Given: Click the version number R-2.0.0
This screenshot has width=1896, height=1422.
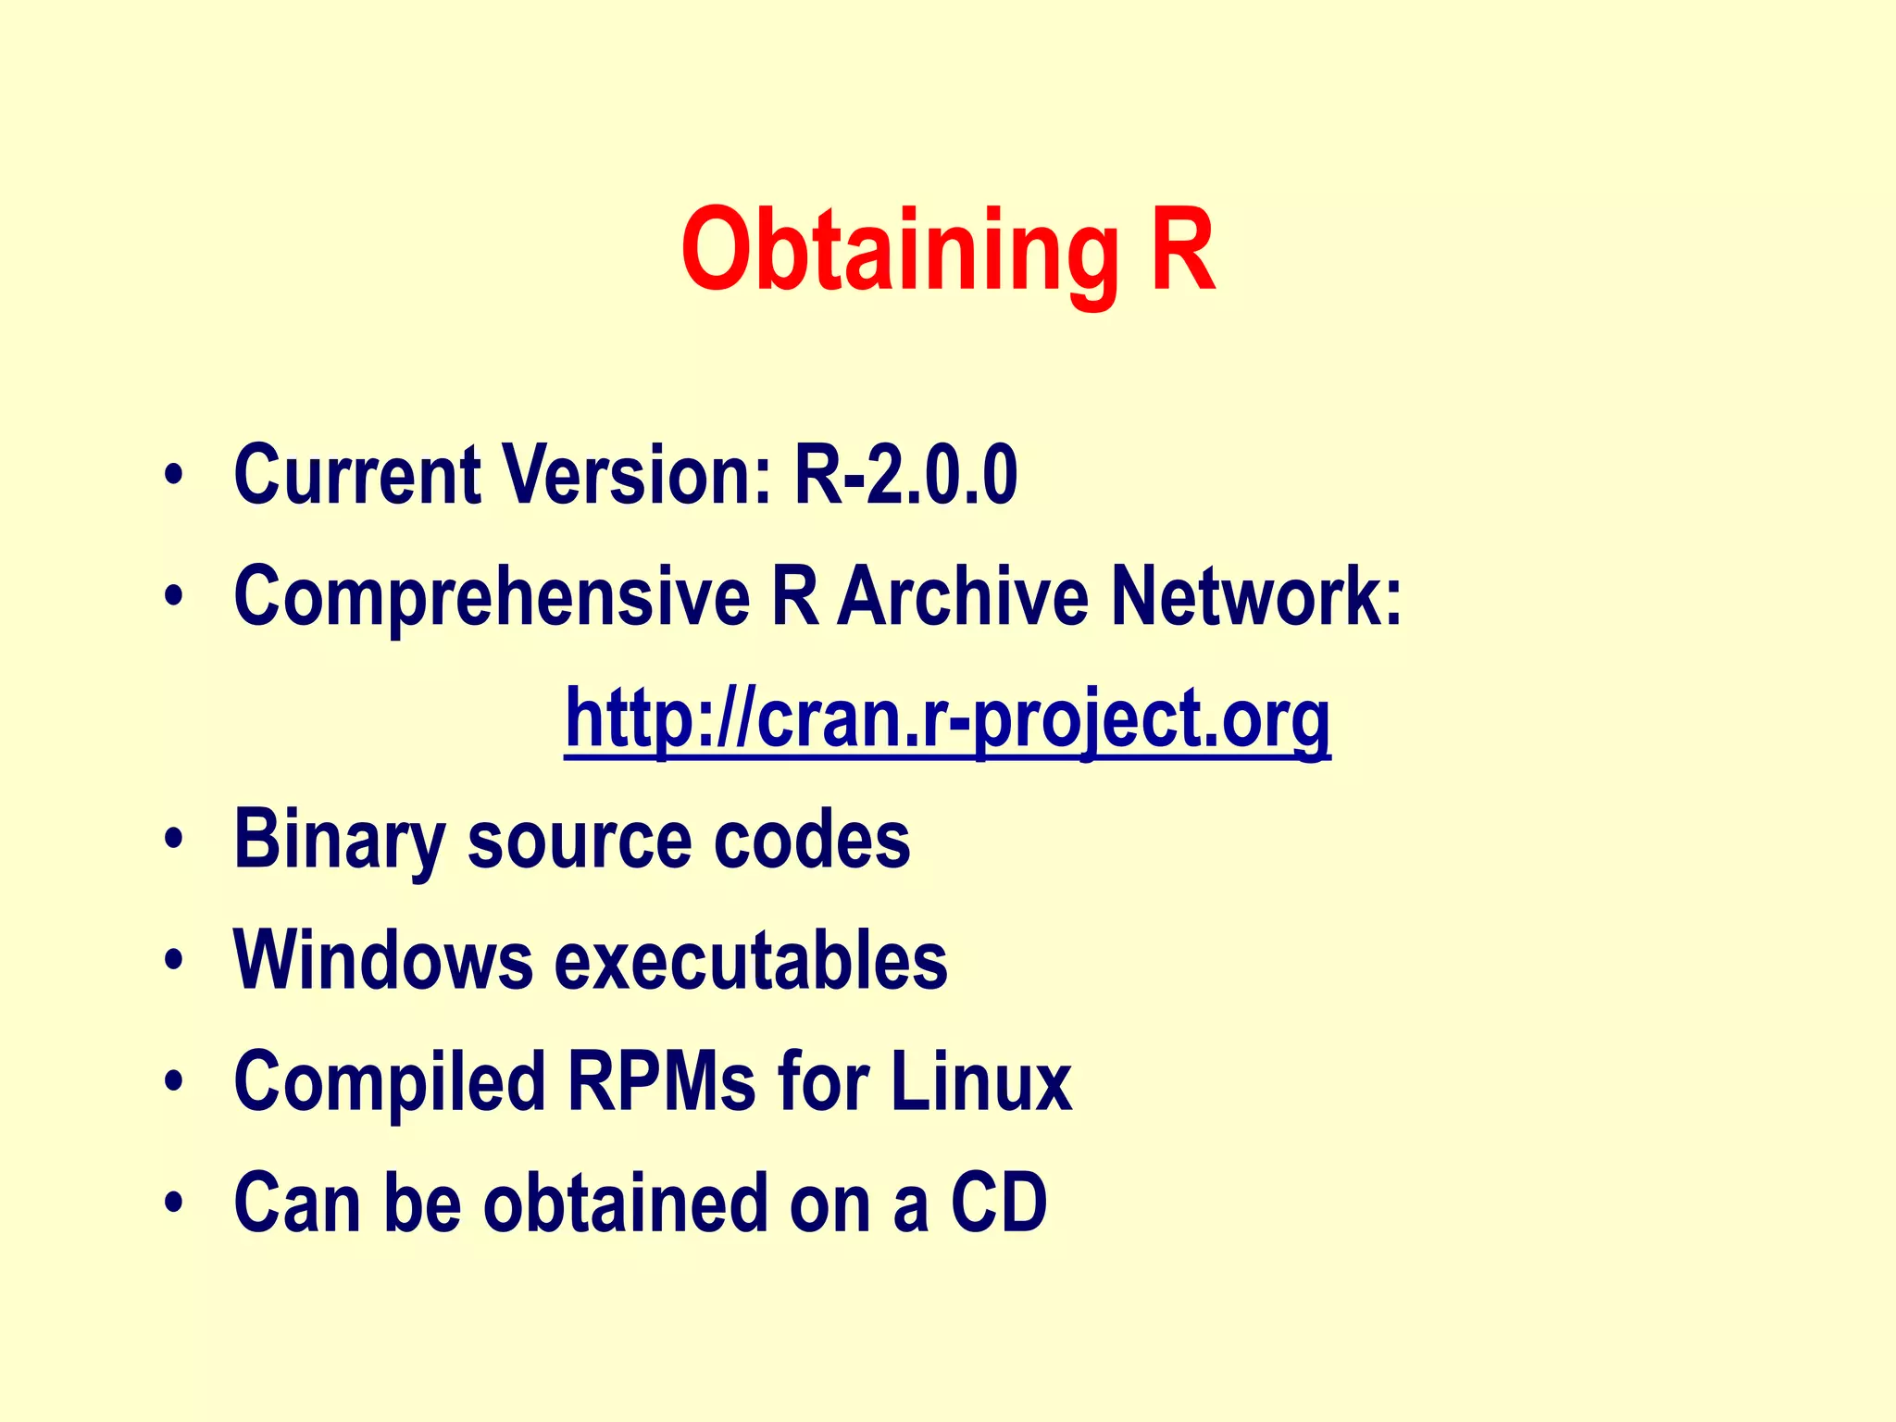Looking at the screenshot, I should [905, 475].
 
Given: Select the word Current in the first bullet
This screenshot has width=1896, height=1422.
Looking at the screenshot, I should [357, 475].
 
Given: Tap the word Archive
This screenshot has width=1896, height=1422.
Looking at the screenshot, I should [963, 597].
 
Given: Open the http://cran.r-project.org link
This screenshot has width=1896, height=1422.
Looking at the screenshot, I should [947, 720].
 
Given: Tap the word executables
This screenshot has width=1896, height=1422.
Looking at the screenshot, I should [751, 960].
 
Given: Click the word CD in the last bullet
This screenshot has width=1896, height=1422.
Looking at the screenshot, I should [999, 1203].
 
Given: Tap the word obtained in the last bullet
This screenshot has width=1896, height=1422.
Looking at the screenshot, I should [625, 1203].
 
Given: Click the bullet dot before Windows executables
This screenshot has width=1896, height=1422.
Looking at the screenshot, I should [173, 960].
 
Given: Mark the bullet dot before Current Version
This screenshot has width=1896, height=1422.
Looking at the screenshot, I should [173, 476].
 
